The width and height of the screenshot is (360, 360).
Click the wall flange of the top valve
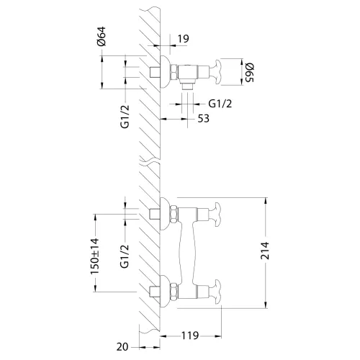click(165, 72)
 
